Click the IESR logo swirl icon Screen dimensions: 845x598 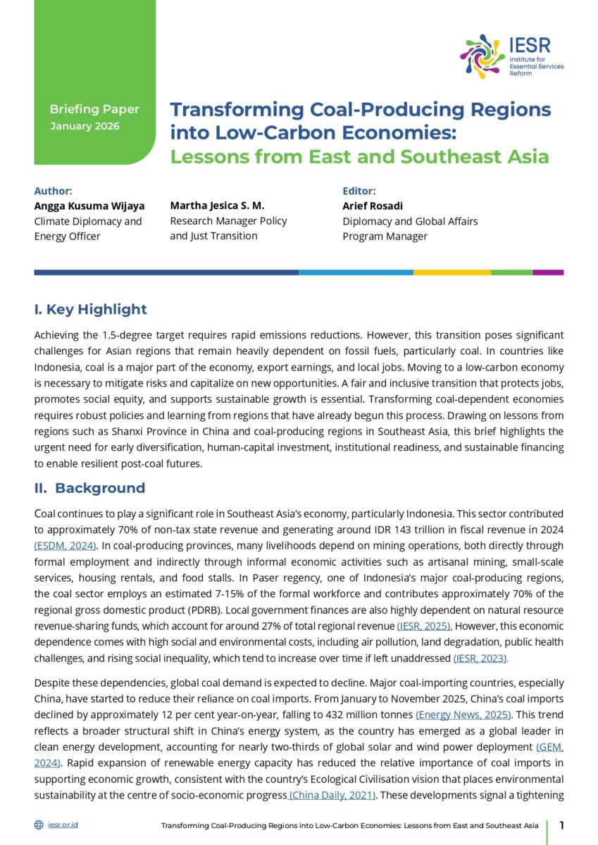click(x=482, y=56)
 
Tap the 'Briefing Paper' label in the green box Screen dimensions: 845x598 click(x=94, y=109)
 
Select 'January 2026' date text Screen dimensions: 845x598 click(x=85, y=126)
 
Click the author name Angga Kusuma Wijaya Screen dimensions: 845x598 click(x=89, y=206)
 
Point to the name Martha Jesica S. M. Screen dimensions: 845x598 click(x=217, y=206)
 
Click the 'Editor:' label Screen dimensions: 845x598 click(x=359, y=191)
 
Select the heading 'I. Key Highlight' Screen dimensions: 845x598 click(x=91, y=309)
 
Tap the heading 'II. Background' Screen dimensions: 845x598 click(x=89, y=488)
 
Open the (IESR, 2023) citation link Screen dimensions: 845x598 click(x=480, y=658)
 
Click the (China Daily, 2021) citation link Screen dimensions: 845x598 click(x=332, y=795)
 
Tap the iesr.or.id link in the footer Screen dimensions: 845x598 click(x=63, y=825)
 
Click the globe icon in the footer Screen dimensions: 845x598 click(x=39, y=825)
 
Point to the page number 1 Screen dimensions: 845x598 click(x=562, y=825)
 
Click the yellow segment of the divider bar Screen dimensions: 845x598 click(x=451, y=272)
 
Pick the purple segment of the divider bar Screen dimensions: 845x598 click(x=548, y=272)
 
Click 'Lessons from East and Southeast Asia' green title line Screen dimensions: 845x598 click(x=359, y=156)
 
